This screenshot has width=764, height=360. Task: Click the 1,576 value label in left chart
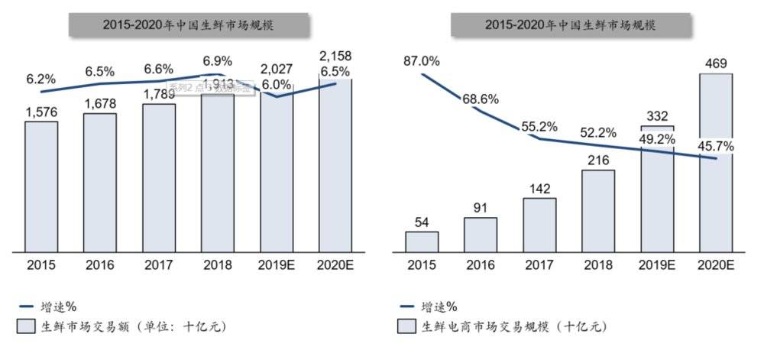(40, 112)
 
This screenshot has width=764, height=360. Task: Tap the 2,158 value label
(335, 57)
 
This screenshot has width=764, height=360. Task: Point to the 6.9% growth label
(218, 60)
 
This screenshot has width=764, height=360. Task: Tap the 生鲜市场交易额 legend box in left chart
(24, 326)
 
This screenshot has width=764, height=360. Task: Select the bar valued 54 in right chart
(422, 241)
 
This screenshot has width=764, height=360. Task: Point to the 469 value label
(716, 64)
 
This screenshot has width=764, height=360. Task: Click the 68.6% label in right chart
(480, 99)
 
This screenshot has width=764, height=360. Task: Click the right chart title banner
(569, 24)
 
